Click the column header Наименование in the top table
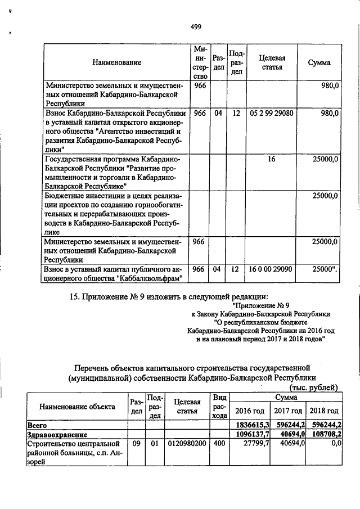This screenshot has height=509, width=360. tap(117, 62)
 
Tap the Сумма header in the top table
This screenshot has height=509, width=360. tap(319, 62)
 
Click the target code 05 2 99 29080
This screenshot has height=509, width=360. tap(272, 113)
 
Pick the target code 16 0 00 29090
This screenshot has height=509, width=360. tap(272, 270)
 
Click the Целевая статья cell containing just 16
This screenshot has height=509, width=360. tap(272, 160)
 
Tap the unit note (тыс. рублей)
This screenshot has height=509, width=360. tap(313, 387)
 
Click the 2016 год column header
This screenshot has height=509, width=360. tap(250, 411)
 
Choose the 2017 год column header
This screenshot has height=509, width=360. tap(287, 411)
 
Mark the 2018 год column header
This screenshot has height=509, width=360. tap(325, 411)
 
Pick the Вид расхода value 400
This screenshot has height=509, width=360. tap(219, 444)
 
